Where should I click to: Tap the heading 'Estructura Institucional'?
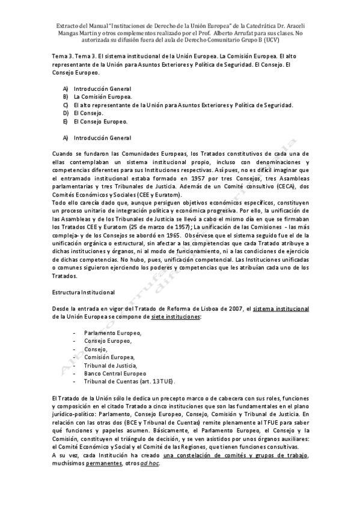[84, 292]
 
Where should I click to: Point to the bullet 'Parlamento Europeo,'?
[113, 333]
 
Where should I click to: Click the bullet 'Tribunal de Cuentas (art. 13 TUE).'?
[130, 382]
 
